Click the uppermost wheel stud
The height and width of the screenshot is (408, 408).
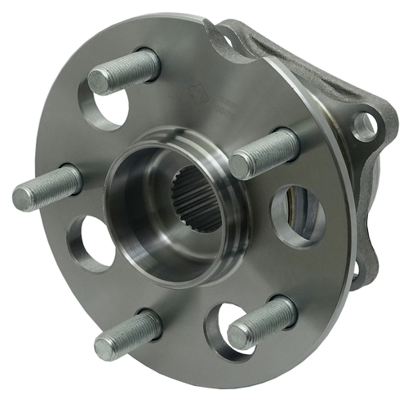[x=124, y=72]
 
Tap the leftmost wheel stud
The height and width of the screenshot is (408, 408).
[x=47, y=188]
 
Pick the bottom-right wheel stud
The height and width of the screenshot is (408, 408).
[x=262, y=322]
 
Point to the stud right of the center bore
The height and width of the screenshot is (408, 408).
[x=264, y=153]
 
